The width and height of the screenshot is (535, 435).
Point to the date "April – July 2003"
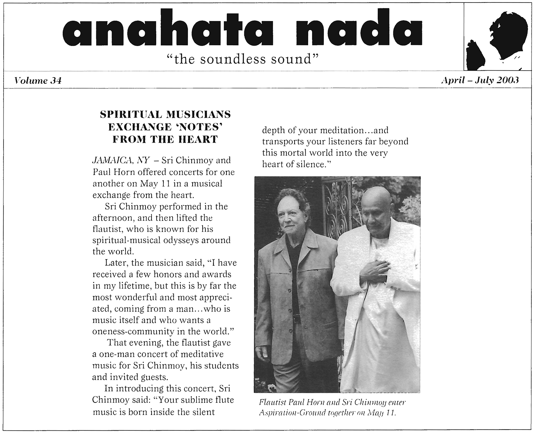click(x=479, y=80)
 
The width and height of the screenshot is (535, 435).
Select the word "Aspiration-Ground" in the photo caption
click(x=287, y=413)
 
